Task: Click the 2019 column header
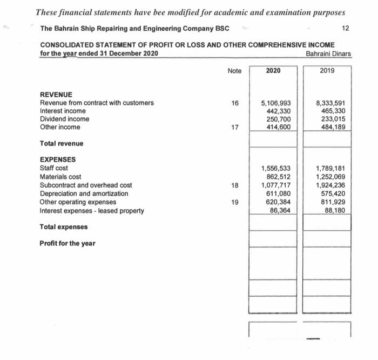pos(327,70)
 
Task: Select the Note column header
pos(234,71)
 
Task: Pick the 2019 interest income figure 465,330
pos(332,111)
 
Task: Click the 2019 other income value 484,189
pos(332,127)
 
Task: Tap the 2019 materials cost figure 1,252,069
pos(330,177)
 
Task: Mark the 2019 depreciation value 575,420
pos(332,193)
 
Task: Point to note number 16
pos(234,103)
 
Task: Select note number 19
pos(234,202)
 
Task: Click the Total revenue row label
pos(62,144)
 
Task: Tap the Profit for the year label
pos(67,243)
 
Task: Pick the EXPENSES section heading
pos(58,159)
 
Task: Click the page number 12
pos(346,28)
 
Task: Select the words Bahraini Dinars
pos(328,54)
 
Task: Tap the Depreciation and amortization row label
pos(84,194)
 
